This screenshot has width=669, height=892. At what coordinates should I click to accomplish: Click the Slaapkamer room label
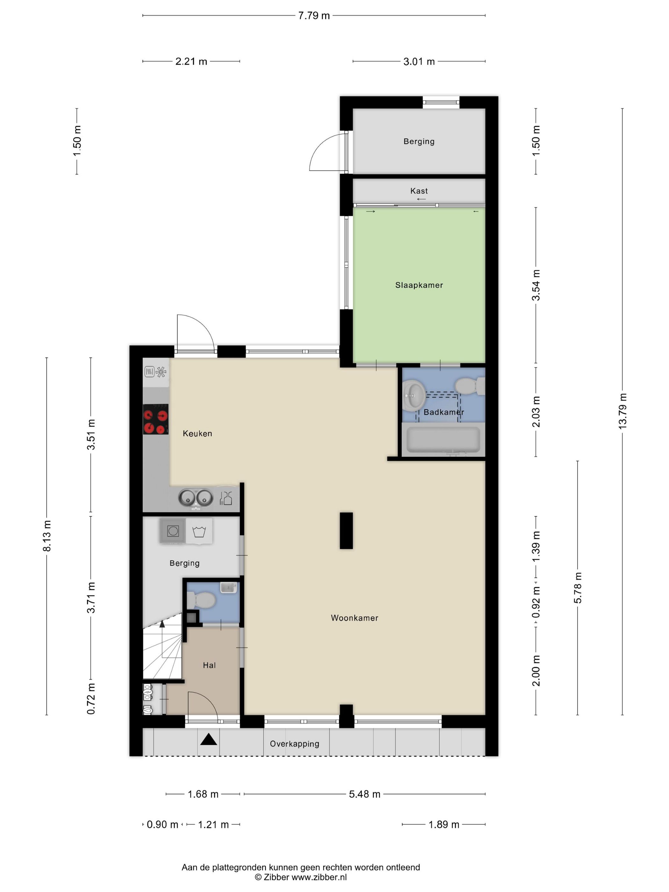tap(419, 285)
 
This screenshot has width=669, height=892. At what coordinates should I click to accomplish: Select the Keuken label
tap(197, 434)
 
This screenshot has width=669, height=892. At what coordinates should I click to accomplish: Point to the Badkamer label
tap(443, 412)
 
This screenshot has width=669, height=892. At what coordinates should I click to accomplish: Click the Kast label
tap(419, 191)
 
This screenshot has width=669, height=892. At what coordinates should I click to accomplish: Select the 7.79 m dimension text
tap(314, 16)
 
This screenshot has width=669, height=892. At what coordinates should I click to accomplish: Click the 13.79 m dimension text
tap(622, 411)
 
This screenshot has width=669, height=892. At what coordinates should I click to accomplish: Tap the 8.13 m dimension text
tap(47, 536)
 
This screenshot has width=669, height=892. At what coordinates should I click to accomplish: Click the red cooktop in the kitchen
tap(156, 419)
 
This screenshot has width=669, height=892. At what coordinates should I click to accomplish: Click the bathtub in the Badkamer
tap(443, 440)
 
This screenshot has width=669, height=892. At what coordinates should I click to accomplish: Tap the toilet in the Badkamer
tap(470, 386)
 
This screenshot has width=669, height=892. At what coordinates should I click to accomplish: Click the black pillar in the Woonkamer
tap(346, 531)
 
